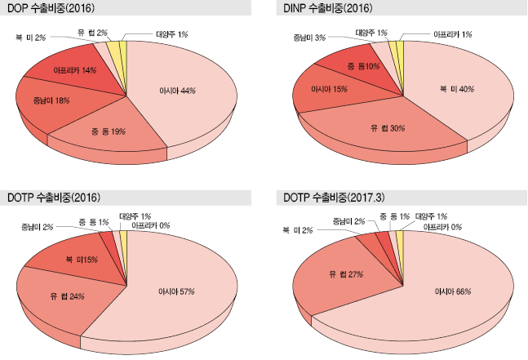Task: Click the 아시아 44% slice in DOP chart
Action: (176, 91)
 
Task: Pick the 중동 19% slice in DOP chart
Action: (105, 131)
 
